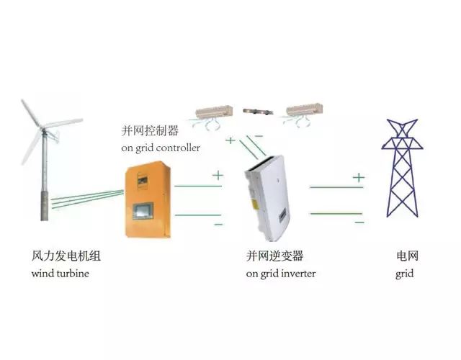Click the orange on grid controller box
pos(148,199)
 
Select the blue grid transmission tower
pos(402,168)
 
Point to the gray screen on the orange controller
pos(143,211)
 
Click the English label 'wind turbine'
pos(61,274)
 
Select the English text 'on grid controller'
pos(161,148)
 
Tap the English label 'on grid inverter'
pos(281,274)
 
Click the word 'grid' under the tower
pos(404,274)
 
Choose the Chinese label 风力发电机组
pos(66,256)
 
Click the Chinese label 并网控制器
pos(150,130)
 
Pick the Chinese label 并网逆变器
pos(274,256)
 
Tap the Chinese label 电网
pos(407,256)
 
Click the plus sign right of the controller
pos(218,175)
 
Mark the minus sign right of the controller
pos(218,225)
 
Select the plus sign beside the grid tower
pos(359,177)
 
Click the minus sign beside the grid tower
pos(359,222)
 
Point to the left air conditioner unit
pos(214,112)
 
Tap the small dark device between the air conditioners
pos(258,112)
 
